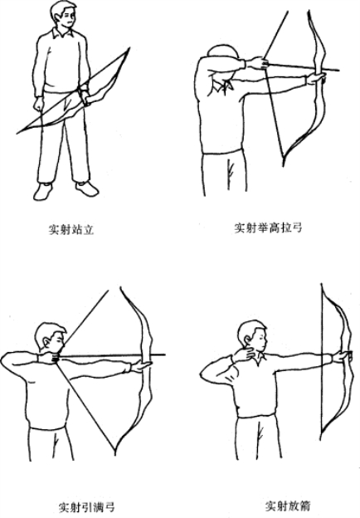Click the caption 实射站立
pos(71,229)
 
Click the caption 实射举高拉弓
pos(268,227)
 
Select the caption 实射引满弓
pos(87,506)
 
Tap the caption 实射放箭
pos(288,506)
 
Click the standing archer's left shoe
pos(87,188)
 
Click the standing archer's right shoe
pos(43,192)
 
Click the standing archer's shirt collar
pos(62,33)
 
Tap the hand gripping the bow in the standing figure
pos(85,97)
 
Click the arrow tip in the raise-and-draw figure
pos(338,70)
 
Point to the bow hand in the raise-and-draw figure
pos(316,78)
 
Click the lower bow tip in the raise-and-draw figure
pos(284,164)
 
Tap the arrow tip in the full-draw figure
pos(163,355)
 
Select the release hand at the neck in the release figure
pos(244,354)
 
